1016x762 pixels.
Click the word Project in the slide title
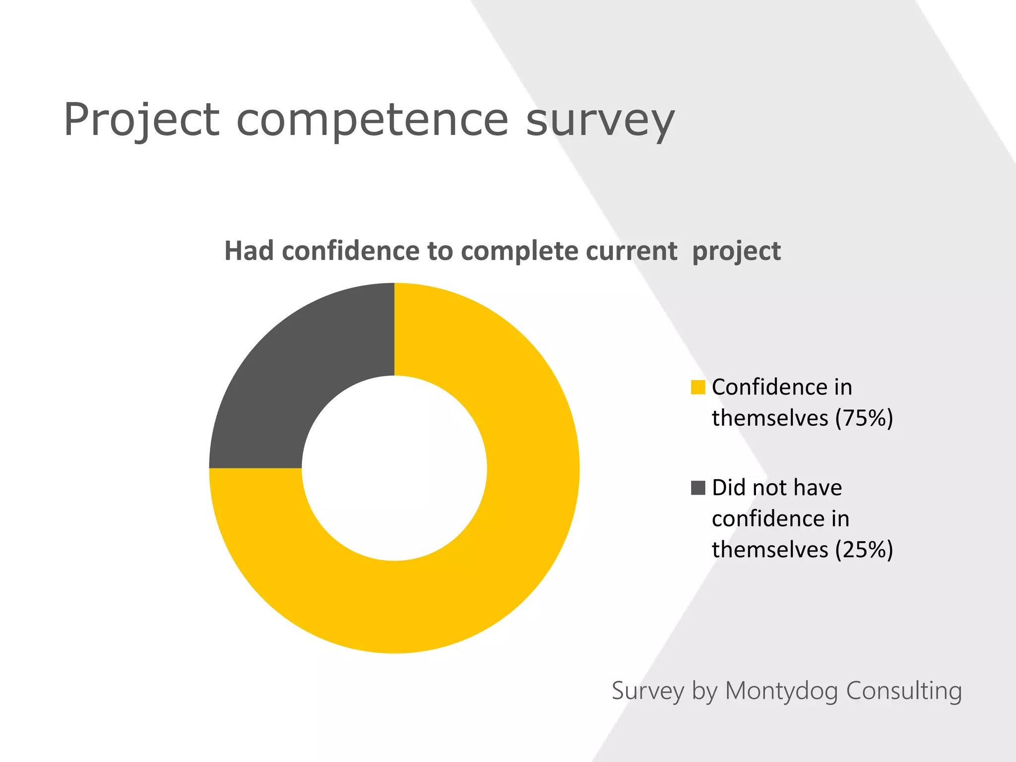tap(141, 120)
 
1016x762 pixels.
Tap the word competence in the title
tap(372, 120)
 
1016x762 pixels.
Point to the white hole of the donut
tap(394, 468)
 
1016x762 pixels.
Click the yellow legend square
tap(698, 387)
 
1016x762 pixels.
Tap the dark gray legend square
tap(698, 488)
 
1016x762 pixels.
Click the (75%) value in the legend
tap(864, 418)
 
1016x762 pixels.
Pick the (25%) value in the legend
tap(864, 550)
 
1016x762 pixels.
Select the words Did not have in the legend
tap(777, 488)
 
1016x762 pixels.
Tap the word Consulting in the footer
tap(904, 691)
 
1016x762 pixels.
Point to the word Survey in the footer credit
tap(648, 691)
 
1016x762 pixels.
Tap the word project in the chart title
tap(736, 252)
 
